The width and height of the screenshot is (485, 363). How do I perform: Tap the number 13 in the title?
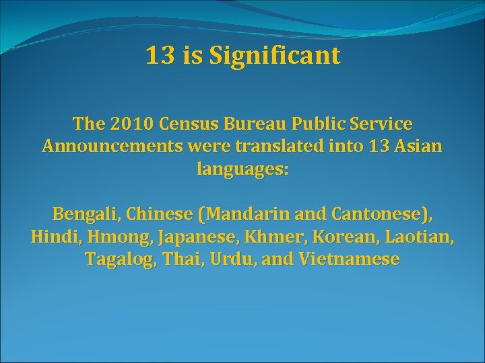click(x=160, y=56)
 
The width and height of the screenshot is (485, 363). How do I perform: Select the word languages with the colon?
click(x=243, y=169)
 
